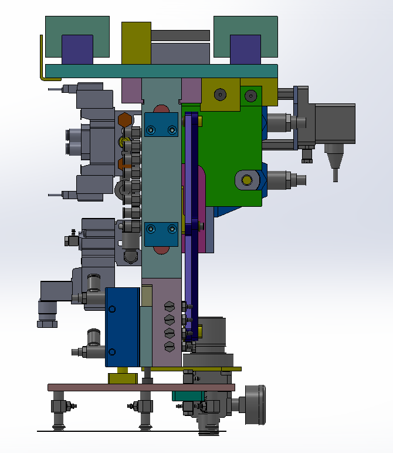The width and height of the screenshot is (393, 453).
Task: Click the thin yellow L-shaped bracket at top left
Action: [x=41, y=59]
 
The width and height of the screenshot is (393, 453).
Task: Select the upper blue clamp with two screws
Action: [x=161, y=125]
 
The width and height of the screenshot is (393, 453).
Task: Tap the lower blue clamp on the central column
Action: [x=161, y=234]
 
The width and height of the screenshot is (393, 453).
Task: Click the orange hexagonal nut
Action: [x=125, y=120]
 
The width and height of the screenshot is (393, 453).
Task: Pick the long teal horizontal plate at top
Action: [x=161, y=71]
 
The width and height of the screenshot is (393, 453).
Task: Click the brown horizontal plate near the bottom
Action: [x=141, y=387]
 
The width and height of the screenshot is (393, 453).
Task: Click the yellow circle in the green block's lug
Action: [x=247, y=179]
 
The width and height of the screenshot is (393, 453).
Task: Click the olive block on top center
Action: [x=135, y=42]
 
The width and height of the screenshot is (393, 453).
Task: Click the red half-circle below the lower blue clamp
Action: [x=160, y=250]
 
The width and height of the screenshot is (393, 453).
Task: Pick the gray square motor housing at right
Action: [x=336, y=123]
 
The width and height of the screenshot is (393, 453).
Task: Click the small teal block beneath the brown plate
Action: [x=187, y=395]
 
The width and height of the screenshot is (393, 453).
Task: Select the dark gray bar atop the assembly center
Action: [x=181, y=36]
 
